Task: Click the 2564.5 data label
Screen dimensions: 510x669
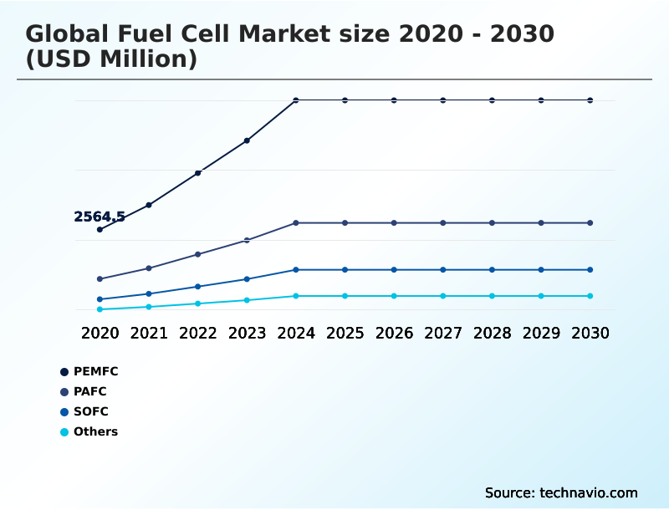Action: point(100,217)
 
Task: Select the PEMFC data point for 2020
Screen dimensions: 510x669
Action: point(100,229)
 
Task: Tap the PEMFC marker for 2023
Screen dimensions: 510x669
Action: point(247,140)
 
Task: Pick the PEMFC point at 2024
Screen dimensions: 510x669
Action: point(296,100)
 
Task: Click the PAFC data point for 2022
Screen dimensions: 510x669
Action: point(198,254)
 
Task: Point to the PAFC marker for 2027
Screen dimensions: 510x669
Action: point(443,223)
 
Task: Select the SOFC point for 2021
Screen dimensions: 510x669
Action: point(149,293)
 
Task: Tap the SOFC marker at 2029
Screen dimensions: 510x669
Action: point(541,270)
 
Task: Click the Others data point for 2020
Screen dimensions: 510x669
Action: point(100,309)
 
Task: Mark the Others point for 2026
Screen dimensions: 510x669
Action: point(394,296)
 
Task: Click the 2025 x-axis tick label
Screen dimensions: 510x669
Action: point(345,333)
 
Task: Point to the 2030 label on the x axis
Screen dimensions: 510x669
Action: point(590,333)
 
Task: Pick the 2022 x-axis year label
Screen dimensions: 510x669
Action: point(198,333)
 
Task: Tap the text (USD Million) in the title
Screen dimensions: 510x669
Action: point(111,59)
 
